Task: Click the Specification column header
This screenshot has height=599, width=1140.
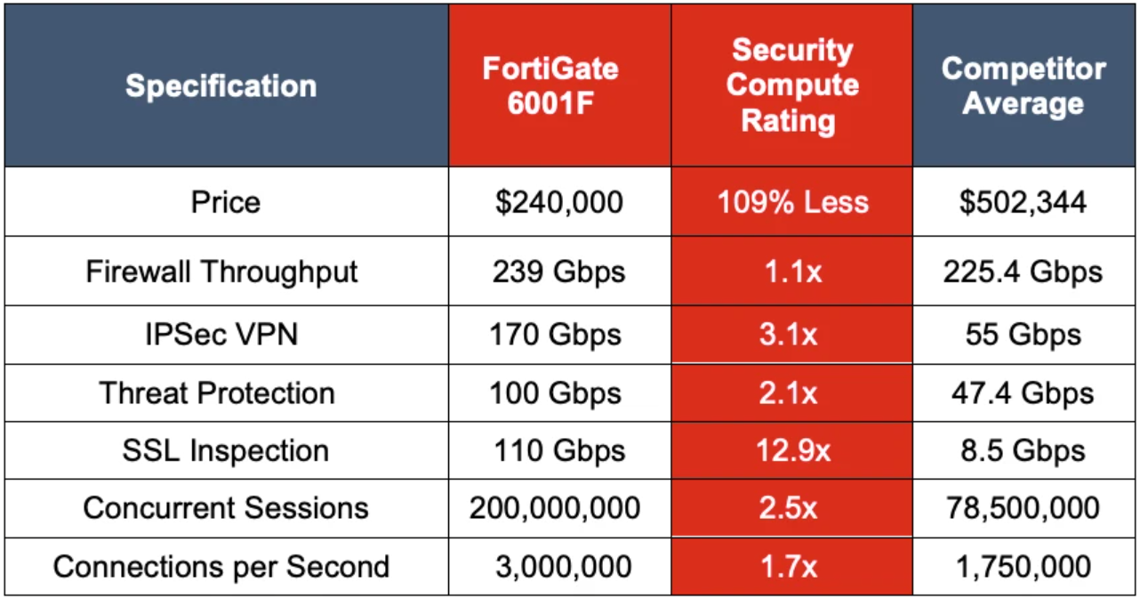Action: coord(221,86)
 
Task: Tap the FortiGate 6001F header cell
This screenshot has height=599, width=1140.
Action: coord(550,86)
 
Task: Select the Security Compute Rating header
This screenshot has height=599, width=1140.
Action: coord(792,86)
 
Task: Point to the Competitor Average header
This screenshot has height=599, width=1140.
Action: coord(1024,86)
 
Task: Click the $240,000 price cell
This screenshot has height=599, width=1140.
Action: coord(558,202)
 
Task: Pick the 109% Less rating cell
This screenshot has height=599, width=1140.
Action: coord(792,202)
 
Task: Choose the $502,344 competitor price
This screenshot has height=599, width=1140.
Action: coord(1024,202)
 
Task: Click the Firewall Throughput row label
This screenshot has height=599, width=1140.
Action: coord(221,271)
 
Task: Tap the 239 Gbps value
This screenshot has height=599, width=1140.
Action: coord(558,271)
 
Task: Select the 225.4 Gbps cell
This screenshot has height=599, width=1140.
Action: coord(1024,271)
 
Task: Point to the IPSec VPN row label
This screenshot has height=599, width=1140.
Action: coord(221,335)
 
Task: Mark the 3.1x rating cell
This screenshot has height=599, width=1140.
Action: coord(792,335)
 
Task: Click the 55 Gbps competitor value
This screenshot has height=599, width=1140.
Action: coord(1024,335)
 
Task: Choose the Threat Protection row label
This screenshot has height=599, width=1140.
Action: coord(217,393)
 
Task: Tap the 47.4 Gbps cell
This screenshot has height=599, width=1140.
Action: coord(1024,393)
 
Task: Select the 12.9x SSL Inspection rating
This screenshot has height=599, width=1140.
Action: coord(792,450)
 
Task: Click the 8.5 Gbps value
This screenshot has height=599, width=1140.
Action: coord(1024,450)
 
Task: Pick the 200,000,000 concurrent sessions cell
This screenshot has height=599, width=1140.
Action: coord(556,508)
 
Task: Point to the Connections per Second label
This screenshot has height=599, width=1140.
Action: coord(221,567)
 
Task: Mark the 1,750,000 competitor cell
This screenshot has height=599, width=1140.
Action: coord(1024,567)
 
